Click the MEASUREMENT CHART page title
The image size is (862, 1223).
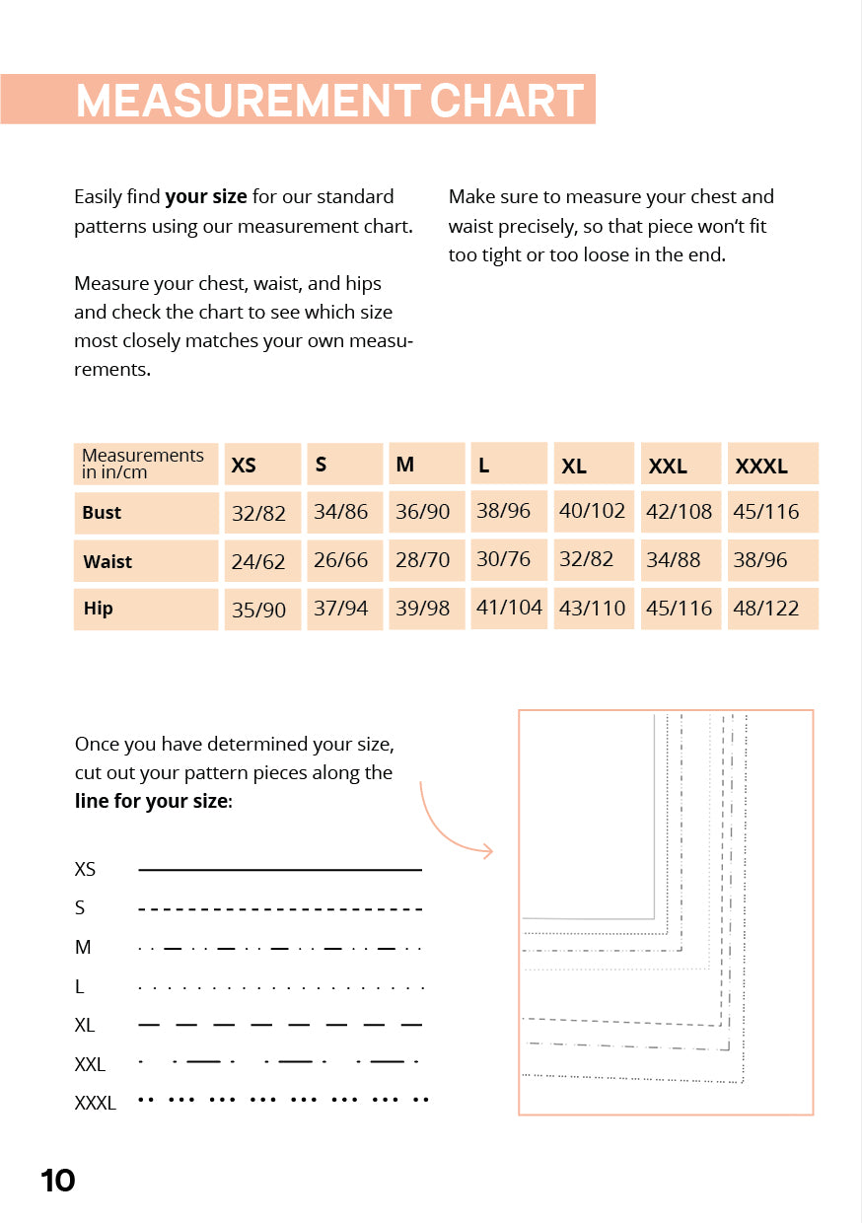(329, 100)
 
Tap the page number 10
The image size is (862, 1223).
(58, 1181)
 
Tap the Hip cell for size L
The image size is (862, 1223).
(509, 608)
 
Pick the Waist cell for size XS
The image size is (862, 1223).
(258, 562)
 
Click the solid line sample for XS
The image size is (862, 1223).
(280, 870)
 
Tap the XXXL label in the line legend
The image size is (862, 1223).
(95, 1104)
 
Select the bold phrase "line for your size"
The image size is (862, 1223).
(152, 802)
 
